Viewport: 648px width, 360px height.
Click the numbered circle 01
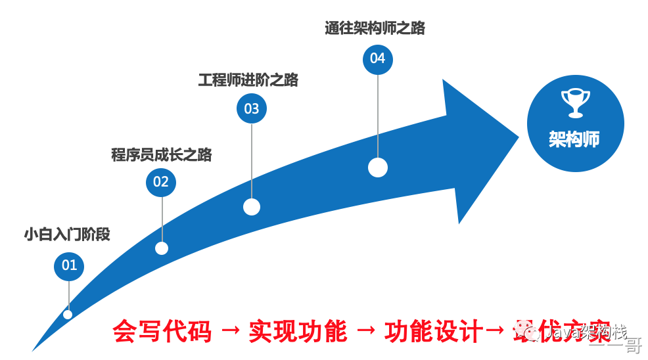click(x=69, y=265)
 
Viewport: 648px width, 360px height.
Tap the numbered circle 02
click(x=161, y=182)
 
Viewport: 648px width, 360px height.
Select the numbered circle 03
click(x=252, y=108)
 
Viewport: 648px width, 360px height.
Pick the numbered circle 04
click(x=377, y=58)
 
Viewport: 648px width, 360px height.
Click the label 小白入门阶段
click(x=67, y=234)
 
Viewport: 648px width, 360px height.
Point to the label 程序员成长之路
click(x=162, y=155)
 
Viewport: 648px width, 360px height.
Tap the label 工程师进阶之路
click(x=248, y=80)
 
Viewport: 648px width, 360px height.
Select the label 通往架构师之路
click(x=375, y=28)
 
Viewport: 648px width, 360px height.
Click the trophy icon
click(x=574, y=102)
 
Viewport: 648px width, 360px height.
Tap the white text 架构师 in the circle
click(x=574, y=139)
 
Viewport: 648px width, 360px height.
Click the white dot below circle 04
click(x=377, y=168)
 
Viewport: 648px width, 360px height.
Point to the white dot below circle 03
click(x=252, y=207)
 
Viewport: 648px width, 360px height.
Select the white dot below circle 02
click(x=162, y=248)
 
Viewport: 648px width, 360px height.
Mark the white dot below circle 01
click(x=68, y=314)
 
